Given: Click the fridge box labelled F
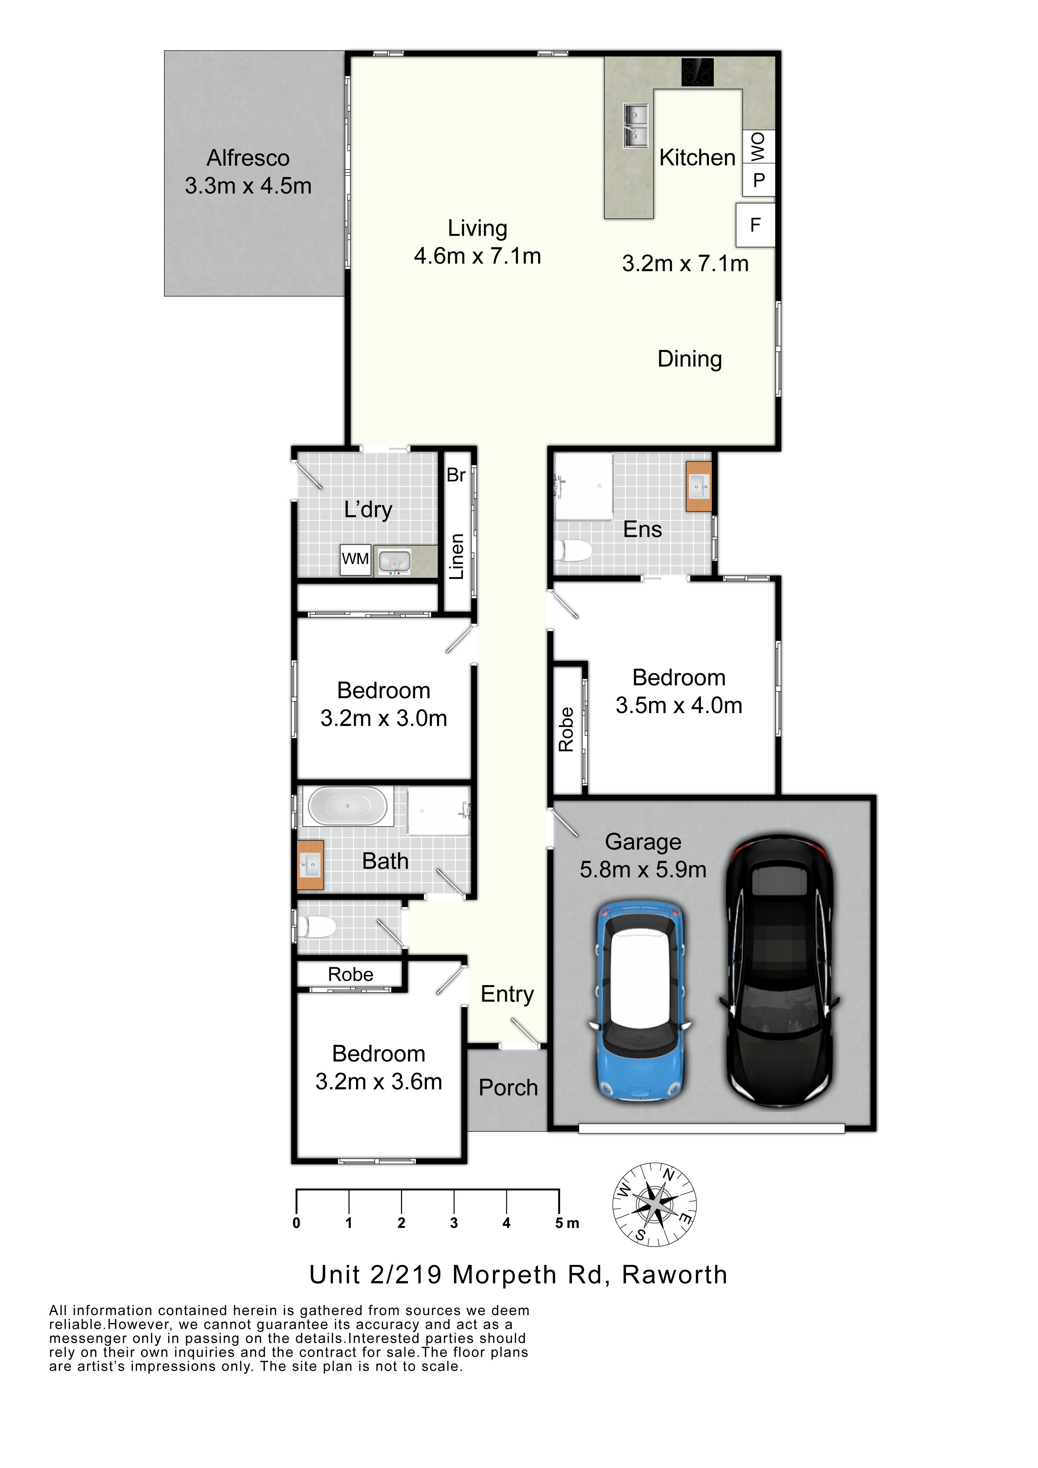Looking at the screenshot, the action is (755, 225).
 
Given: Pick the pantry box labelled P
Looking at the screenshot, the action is (758, 180).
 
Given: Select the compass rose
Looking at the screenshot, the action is (654, 1205).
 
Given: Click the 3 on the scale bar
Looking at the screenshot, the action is (454, 1223).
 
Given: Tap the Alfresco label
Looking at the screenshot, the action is (248, 158).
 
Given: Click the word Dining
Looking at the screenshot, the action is (690, 359).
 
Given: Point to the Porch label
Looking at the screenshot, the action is (509, 1087).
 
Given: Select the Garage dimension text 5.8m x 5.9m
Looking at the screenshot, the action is (644, 869).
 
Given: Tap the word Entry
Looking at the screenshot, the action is (507, 994).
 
